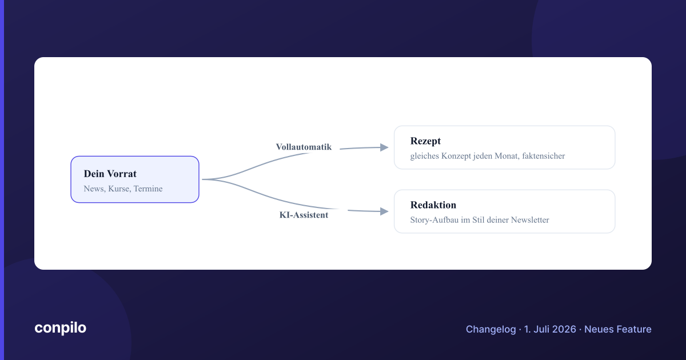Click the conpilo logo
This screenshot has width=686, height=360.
click(61, 328)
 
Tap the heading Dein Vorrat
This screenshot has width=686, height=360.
click(110, 174)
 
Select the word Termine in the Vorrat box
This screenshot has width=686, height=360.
click(148, 189)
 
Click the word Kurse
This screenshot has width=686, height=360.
click(119, 189)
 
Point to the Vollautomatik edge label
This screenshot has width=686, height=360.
click(304, 147)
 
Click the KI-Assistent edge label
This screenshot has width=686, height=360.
click(304, 215)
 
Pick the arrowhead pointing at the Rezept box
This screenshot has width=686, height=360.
click(384, 147)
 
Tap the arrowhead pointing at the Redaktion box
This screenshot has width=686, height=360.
click(384, 211)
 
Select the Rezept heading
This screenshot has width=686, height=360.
click(425, 141)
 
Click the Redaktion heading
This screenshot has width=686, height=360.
click(433, 205)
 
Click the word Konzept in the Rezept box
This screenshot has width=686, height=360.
click(456, 156)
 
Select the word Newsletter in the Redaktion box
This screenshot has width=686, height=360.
click(530, 220)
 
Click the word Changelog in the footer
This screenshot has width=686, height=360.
click(490, 329)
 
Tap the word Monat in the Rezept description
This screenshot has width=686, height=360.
click(507, 156)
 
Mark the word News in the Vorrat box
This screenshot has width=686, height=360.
click(94, 189)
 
